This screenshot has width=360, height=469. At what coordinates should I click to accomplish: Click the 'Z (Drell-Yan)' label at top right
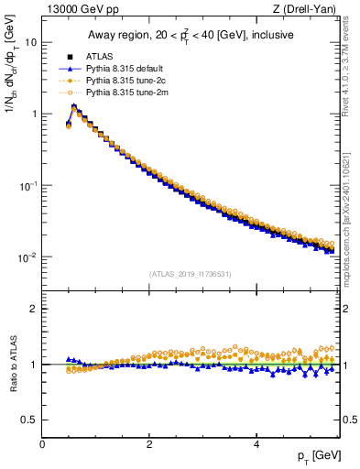point(309,10)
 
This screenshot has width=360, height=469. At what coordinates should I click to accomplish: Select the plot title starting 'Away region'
point(191,36)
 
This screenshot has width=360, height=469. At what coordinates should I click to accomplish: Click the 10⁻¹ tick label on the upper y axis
point(27,185)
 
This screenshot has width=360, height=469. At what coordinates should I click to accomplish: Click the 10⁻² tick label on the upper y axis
point(27,257)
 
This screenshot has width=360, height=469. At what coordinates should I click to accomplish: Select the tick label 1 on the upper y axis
point(34,114)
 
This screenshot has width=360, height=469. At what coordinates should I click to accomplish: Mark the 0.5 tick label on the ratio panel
point(29,420)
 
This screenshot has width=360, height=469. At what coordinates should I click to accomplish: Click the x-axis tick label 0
point(42,443)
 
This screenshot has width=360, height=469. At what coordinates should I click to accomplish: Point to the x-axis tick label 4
point(256,443)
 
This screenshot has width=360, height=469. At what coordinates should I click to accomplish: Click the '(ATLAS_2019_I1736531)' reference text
point(191,273)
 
